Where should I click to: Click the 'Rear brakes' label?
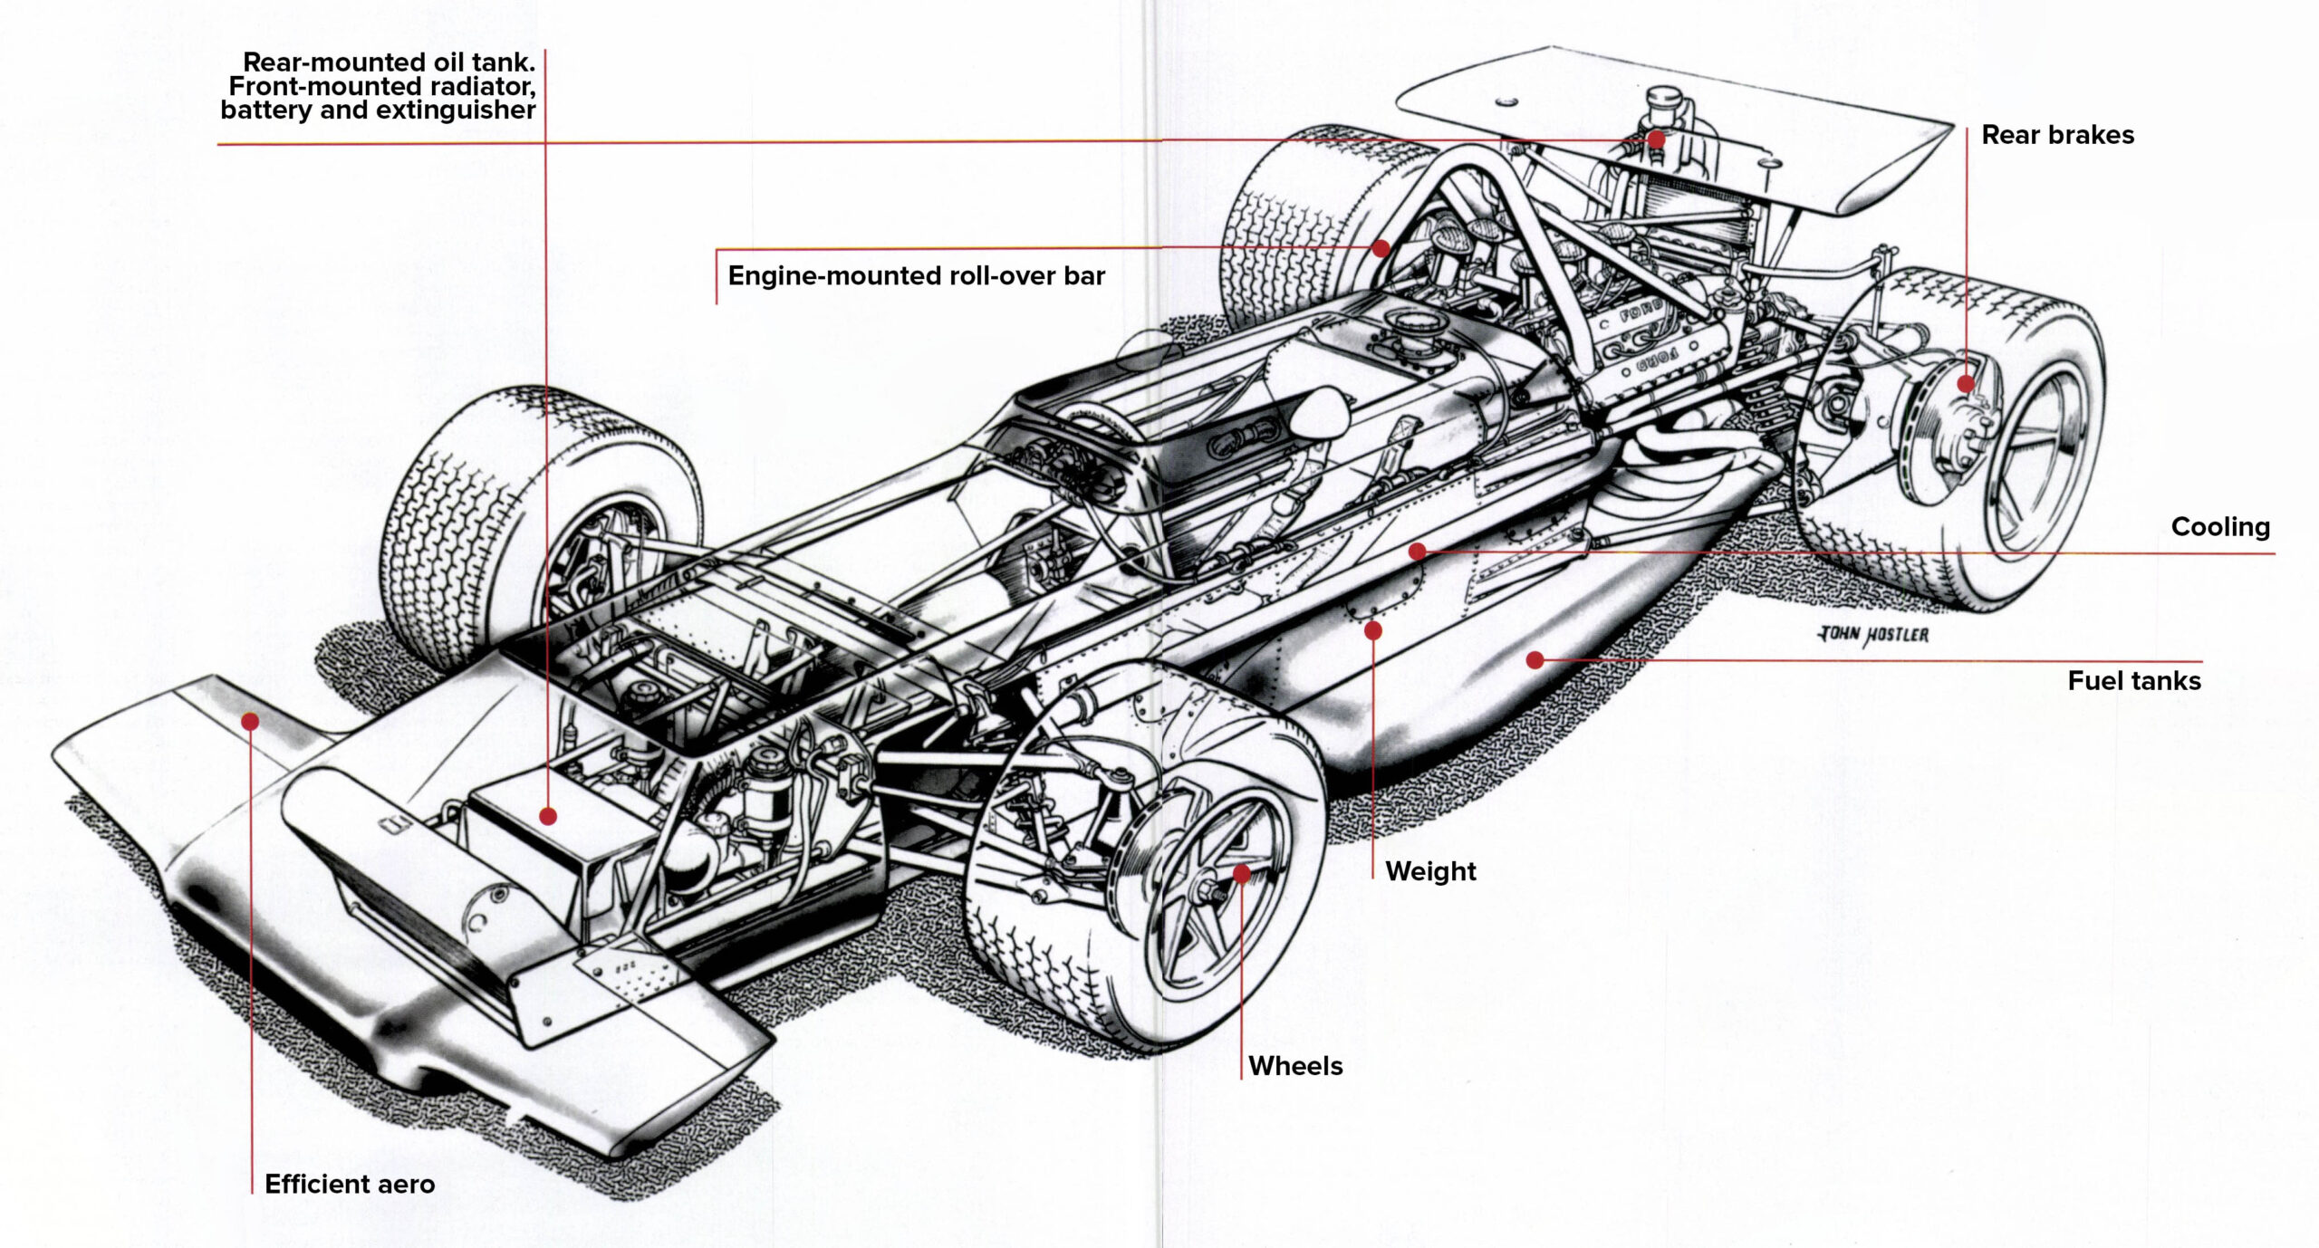point(2057,135)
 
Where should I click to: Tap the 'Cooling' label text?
point(2220,526)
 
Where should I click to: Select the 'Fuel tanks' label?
point(2133,681)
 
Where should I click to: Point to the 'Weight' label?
point(1430,871)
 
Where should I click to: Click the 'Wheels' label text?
point(1295,1066)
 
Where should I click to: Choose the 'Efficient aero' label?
point(350,1185)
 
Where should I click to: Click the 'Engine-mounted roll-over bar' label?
point(916,276)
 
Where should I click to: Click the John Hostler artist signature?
point(1874,635)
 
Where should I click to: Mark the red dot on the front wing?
point(251,722)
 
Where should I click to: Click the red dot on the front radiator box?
point(548,816)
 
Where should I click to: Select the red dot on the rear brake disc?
point(1966,384)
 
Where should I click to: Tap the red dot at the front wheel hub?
point(1242,874)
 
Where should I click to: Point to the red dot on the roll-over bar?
point(1381,248)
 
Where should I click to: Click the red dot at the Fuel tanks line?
point(1535,660)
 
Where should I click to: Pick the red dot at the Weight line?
point(1373,630)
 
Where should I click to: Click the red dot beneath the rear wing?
point(1656,139)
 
